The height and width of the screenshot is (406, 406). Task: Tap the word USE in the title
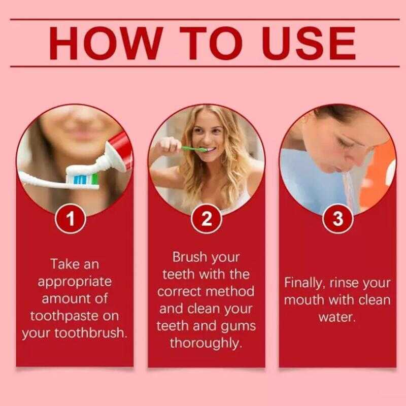309,43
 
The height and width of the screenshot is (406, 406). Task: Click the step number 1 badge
71,219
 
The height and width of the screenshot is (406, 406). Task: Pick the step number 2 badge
207,219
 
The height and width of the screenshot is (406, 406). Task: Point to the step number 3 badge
338,219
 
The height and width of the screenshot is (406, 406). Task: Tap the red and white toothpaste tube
116,153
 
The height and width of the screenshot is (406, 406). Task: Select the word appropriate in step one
75,282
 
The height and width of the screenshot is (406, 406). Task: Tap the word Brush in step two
190,257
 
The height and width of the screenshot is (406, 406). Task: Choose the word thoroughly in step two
206,344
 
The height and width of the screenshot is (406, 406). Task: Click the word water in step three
337,317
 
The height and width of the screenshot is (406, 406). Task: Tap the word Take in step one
61,264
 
